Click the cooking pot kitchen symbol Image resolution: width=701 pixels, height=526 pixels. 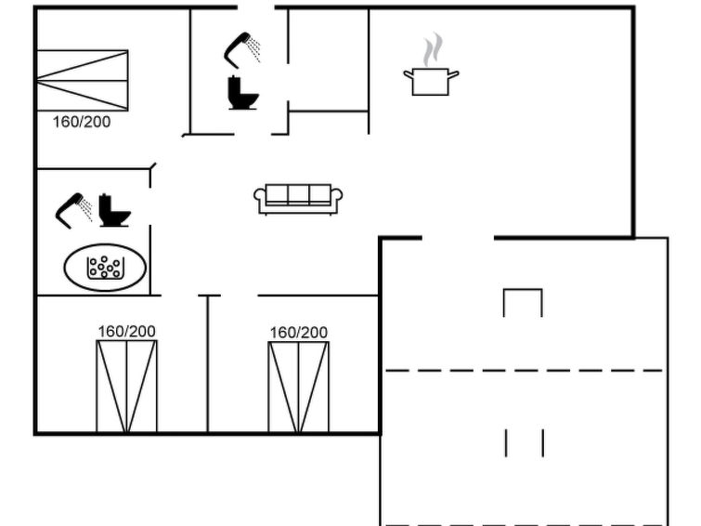(x=431, y=82)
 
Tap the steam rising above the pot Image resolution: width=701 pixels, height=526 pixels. (x=433, y=49)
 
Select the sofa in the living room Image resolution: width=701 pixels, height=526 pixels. (x=298, y=199)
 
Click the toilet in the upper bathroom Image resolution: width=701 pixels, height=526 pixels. (x=242, y=93)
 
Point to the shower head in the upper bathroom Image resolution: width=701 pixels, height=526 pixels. (x=241, y=49)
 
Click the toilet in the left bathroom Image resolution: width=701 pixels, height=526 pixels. (x=114, y=210)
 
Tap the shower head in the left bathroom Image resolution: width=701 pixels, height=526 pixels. (x=73, y=210)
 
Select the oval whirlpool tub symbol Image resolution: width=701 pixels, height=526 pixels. (x=105, y=268)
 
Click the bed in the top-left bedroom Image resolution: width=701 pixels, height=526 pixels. (x=83, y=81)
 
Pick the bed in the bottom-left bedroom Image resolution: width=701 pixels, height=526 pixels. (x=126, y=387)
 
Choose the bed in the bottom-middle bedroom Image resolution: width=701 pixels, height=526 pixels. (x=299, y=388)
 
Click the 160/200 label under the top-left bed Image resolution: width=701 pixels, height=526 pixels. (x=82, y=122)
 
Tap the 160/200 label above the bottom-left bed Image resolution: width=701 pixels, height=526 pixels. (x=126, y=331)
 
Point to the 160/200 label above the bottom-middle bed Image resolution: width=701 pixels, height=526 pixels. (x=299, y=333)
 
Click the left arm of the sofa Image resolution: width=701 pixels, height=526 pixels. (x=260, y=198)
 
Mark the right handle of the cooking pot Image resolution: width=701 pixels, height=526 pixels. (x=453, y=74)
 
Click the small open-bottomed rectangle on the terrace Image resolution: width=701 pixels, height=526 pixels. (x=523, y=290)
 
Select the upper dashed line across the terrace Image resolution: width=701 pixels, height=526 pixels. (x=524, y=370)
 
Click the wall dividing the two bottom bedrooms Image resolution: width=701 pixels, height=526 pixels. (x=207, y=364)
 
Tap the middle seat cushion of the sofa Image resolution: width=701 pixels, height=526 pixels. (x=298, y=194)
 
